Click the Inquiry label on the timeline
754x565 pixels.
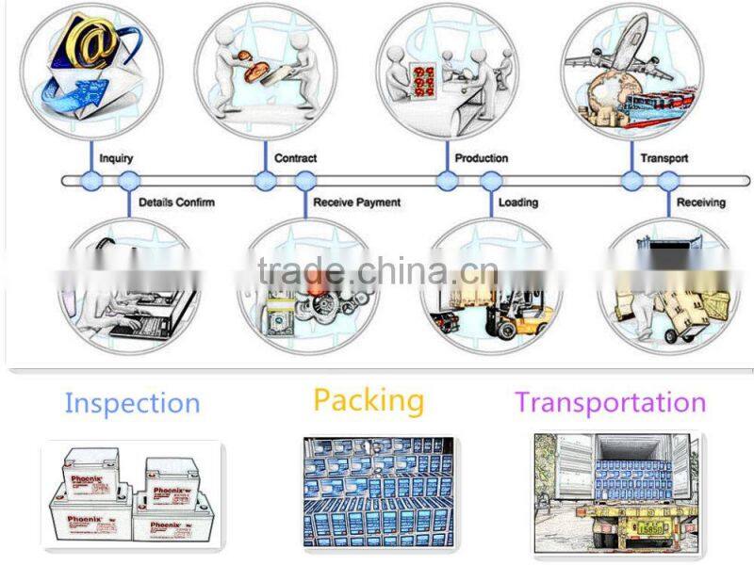(x=116, y=158)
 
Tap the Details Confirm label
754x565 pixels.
(x=176, y=202)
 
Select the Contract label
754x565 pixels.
(x=295, y=158)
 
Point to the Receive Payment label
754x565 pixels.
(x=356, y=202)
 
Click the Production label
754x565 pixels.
(x=481, y=158)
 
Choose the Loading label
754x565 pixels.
(x=517, y=202)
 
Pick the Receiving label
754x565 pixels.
(x=701, y=202)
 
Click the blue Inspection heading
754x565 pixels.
(x=132, y=404)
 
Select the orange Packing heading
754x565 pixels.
(x=369, y=400)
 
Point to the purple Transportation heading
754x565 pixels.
(x=610, y=403)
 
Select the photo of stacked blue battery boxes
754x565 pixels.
(x=377, y=493)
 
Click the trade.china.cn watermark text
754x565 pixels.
(x=377, y=274)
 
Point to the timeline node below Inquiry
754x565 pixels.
(x=91, y=181)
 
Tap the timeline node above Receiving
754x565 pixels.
(x=668, y=181)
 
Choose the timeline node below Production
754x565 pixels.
(x=448, y=181)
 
